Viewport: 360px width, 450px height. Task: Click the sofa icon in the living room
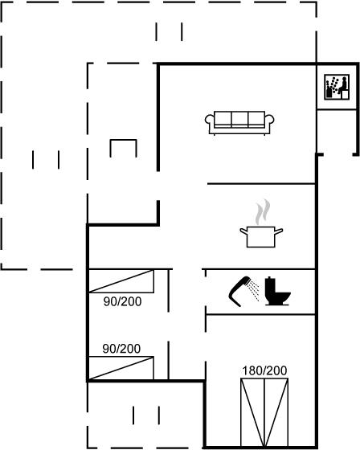click(x=239, y=123)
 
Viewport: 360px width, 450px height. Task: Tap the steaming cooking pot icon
click(x=261, y=223)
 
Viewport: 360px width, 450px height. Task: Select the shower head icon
click(x=239, y=290)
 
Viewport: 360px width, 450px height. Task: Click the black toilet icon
click(x=277, y=291)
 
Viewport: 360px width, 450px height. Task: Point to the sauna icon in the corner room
click(x=337, y=87)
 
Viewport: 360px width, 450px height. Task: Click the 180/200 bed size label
click(x=264, y=370)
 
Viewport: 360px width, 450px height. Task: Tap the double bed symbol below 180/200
click(x=264, y=413)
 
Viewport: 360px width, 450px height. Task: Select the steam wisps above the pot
click(x=263, y=212)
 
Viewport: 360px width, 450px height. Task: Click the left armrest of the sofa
click(x=210, y=120)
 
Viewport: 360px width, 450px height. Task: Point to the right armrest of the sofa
click(x=269, y=120)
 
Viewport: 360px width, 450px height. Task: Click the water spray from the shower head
click(x=255, y=290)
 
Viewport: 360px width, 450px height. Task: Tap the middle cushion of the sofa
click(x=239, y=119)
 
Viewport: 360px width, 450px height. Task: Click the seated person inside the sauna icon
click(x=343, y=86)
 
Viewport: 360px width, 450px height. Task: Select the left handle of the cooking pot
click(x=243, y=231)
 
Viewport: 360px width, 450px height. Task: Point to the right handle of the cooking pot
click(x=279, y=231)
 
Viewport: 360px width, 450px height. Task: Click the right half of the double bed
click(x=276, y=413)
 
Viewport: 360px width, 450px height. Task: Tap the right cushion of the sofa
click(x=256, y=119)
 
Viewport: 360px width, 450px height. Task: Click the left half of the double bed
click(x=252, y=413)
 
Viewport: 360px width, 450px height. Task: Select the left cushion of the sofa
click(x=223, y=119)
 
